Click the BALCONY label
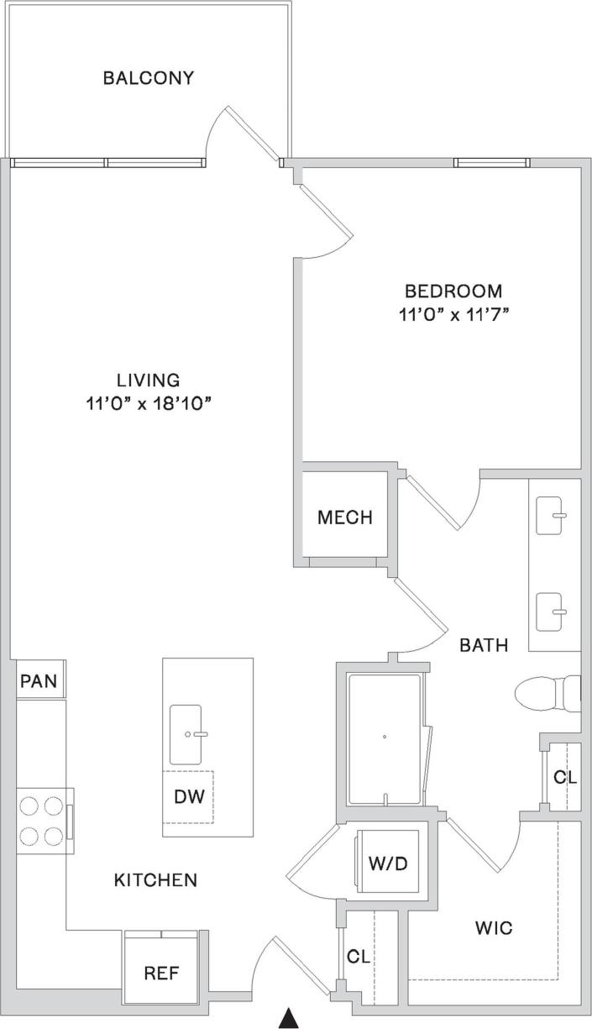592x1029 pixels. pyautogui.click(x=149, y=78)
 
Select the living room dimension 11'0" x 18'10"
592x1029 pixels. pyautogui.click(x=149, y=403)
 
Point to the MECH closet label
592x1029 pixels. pyautogui.click(x=344, y=517)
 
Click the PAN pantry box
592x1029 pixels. pyautogui.click(x=39, y=680)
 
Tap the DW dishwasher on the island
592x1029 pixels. pyautogui.click(x=189, y=795)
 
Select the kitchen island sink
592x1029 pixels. pyautogui.click(x=186, y=734)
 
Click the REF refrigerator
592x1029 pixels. pyautogui.click(x=161, y=973)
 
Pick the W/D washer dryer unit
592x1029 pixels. pyautogui.click(x=388, y=863)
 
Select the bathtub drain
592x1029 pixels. pyautogui.click(x=384, y=737)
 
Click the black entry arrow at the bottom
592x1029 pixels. pyautogui.click(x=289, y=1018)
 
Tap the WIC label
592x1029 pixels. pyautogui.click(x=493, y=929)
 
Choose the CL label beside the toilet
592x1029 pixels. pyautogui.click(x=565, y=777)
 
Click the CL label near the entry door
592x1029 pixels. pyautogui.click(x=359, y=956)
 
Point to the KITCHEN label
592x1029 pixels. pyautogui.click(x=155, y=880)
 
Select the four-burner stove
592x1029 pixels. pyautogui.click(x=42, y=821)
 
